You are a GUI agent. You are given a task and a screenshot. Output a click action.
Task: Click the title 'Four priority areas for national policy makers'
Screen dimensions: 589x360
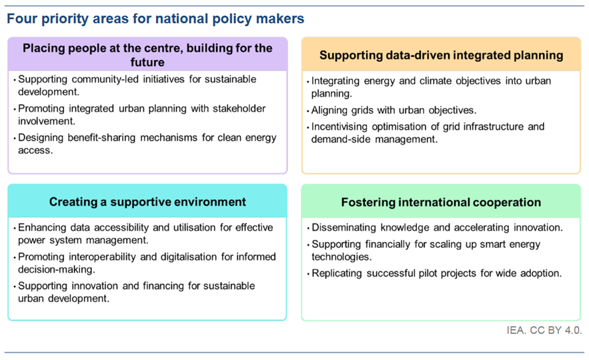coord(155,19)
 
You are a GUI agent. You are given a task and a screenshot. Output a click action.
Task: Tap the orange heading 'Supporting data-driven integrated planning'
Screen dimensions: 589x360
coord(442,55)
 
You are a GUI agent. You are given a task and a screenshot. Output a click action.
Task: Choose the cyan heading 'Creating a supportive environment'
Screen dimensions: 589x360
coord(147,201)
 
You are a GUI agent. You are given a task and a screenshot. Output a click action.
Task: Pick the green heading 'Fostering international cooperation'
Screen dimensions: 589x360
coord(441,202)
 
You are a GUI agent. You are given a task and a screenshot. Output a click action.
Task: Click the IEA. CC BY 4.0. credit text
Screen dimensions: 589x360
coord(544,331)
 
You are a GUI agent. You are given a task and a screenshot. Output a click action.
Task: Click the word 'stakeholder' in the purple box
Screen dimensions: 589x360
coord(239,109)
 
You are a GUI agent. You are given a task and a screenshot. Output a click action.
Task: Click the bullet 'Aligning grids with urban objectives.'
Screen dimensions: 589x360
coord(394,111)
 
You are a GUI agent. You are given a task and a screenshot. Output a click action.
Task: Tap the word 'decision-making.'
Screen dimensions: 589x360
coord(56,269)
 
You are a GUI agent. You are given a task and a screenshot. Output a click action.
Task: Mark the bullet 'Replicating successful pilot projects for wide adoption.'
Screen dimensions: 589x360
coord(437,273)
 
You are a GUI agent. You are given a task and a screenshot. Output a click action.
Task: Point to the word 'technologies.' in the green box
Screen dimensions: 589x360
coord(342,257)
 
